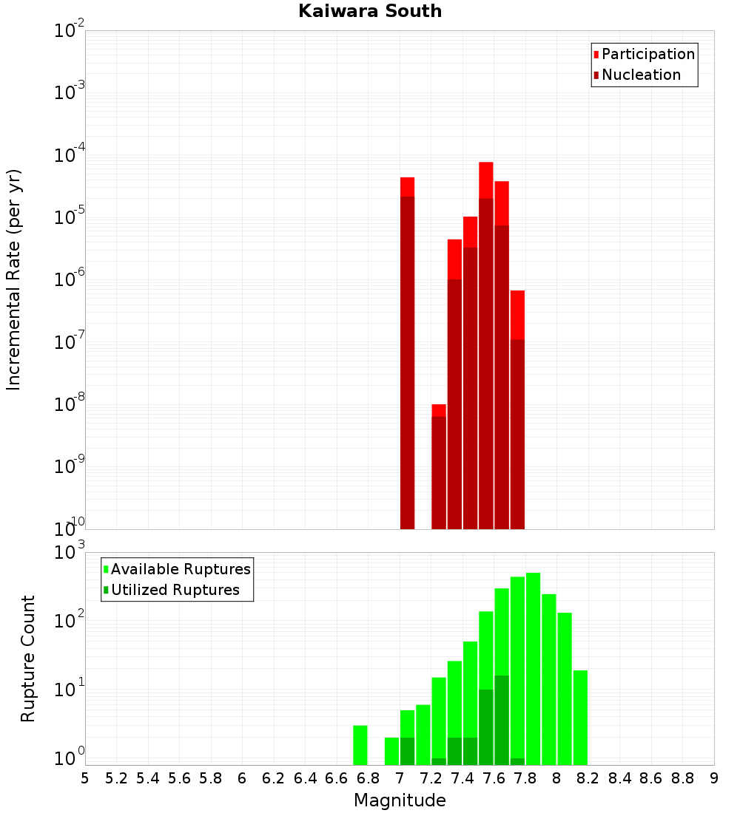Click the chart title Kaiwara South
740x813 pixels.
coord(370,11)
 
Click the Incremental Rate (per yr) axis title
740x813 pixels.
coord(14,279)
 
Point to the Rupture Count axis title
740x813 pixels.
coord(28,659)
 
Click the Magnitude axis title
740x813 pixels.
coord(400,800)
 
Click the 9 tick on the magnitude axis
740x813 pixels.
coord(714,778)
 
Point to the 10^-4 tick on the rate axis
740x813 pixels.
coord(70,156)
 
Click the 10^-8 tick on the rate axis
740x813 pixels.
coord(70,405)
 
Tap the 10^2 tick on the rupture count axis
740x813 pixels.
coord(70,619)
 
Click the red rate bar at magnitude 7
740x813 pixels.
coord(407,355)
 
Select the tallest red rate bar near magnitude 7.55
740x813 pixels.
coord(486,347)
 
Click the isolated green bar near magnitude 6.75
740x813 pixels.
coord(360,745)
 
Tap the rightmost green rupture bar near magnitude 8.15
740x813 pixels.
coord(580,717)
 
